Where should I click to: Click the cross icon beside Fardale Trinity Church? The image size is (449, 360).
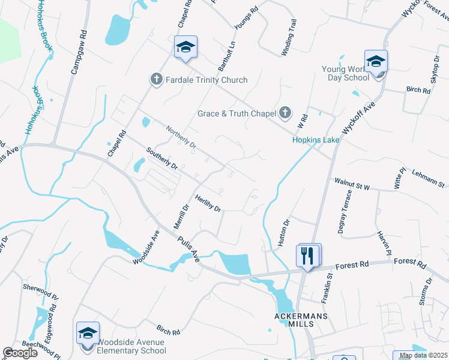click(x=156, y=80)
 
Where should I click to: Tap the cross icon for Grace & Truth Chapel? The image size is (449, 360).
click(x=285, y=113)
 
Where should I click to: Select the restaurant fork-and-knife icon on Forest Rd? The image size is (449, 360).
click(x=308, y=255)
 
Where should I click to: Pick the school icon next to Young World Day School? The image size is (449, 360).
click(x=376, y=62)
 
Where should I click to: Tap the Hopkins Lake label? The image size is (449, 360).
click(x=316, y=140)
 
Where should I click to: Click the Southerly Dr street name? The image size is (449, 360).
click(x=163, y=157)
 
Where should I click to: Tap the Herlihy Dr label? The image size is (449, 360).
click(x=208, y=202)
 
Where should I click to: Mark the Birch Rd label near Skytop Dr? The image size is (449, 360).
click(x=418, y=91)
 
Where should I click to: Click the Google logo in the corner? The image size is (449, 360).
click(x=21, y=353)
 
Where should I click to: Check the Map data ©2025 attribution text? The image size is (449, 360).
click(x=423, y=355)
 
